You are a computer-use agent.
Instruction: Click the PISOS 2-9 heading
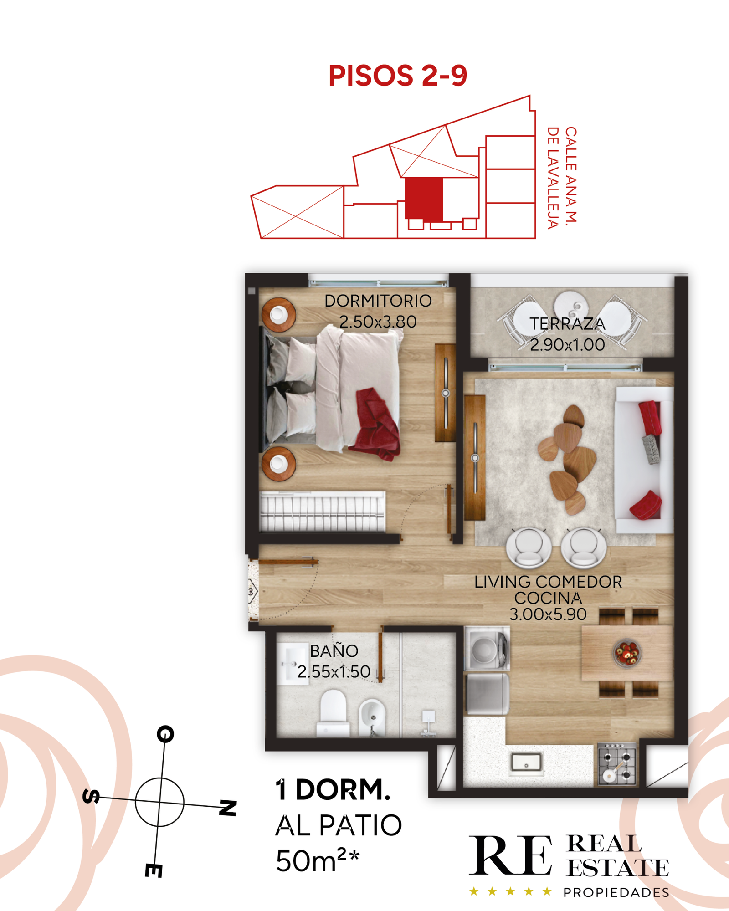[x=398, y=76]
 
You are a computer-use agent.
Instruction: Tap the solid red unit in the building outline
[x=424, y=199]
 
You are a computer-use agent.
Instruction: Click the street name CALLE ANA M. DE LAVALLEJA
[x=562, y=178]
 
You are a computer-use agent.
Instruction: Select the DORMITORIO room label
[x=378, y=301]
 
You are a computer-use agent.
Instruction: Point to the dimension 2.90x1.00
[x=567, y=345]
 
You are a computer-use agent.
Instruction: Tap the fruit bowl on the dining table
[x=627, y=653]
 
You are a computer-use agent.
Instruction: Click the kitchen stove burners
[x=617, y=764]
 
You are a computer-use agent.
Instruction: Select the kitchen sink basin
[x=527, y=762]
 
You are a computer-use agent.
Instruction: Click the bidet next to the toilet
[x=372, y=718]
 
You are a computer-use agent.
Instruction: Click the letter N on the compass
[x=228, y=808]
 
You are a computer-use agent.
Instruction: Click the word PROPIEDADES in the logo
[x=616, y=892]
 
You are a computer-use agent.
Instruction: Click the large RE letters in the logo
[x=510, y=855]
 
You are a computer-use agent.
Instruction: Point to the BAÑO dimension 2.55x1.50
[x=334, y=672]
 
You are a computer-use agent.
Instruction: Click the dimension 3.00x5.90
[x=548, y=614]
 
